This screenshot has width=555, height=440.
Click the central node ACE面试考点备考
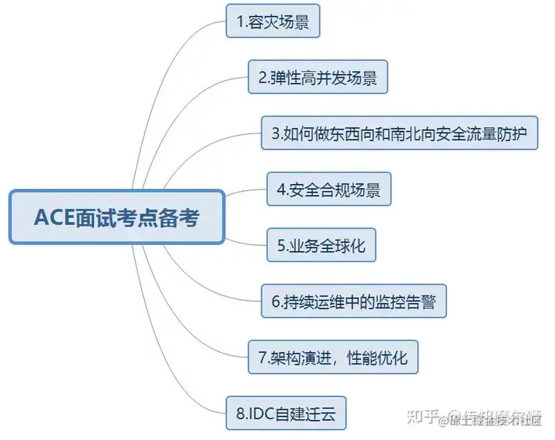point(116,217)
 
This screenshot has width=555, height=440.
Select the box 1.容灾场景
point(272,23)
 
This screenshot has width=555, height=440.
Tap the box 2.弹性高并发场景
point(318,78)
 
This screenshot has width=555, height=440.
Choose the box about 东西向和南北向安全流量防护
point(399,134)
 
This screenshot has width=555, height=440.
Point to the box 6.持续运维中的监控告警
point(354,301)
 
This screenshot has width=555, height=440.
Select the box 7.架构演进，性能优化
point(332,358)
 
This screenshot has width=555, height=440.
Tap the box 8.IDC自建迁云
point(286,414)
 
